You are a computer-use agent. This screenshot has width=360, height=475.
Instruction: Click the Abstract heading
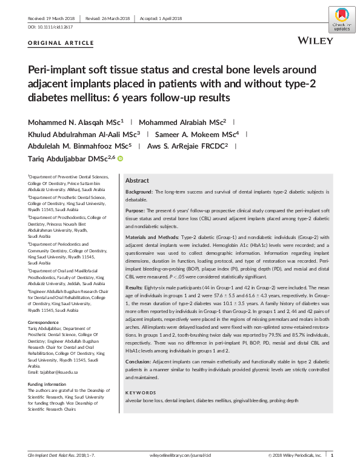(x=137, y=181)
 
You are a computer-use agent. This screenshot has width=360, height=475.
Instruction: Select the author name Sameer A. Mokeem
(x=194, y=134)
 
